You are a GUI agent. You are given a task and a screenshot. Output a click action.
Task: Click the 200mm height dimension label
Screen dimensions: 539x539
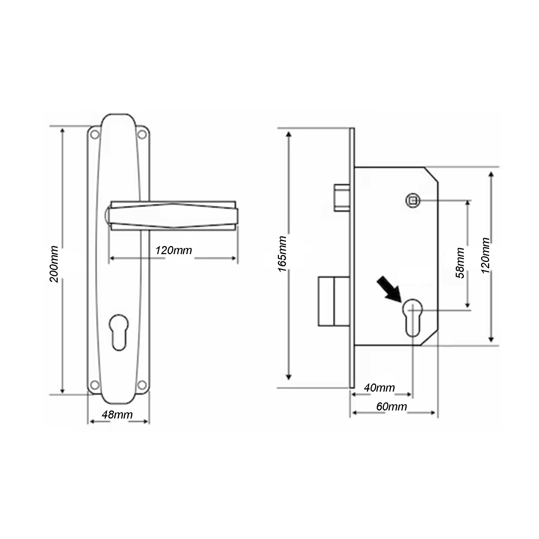54,264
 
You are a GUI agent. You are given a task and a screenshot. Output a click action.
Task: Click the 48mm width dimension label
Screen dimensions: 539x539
117,414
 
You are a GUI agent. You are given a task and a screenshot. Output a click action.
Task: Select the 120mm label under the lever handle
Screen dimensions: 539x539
174,250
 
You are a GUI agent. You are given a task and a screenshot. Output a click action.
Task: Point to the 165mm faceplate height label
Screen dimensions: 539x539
282,254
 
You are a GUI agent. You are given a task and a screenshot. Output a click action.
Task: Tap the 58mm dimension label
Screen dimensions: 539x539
460,263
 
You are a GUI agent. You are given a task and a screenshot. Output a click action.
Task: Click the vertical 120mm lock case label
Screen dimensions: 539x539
486,255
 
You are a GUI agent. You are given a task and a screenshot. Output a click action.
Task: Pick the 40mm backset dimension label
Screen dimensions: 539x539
379,388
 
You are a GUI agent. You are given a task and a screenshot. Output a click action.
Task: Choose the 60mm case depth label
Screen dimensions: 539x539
391,406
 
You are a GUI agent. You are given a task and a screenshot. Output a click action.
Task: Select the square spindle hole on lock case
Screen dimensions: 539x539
413,200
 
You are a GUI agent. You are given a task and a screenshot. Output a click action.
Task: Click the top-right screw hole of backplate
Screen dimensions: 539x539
142,134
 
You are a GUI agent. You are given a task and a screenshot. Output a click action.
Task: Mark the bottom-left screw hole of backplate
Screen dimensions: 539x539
95,385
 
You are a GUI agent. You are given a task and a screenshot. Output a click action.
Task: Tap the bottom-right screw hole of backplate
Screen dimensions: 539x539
142,385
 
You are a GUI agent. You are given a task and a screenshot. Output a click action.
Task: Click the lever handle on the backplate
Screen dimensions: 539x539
173,216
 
